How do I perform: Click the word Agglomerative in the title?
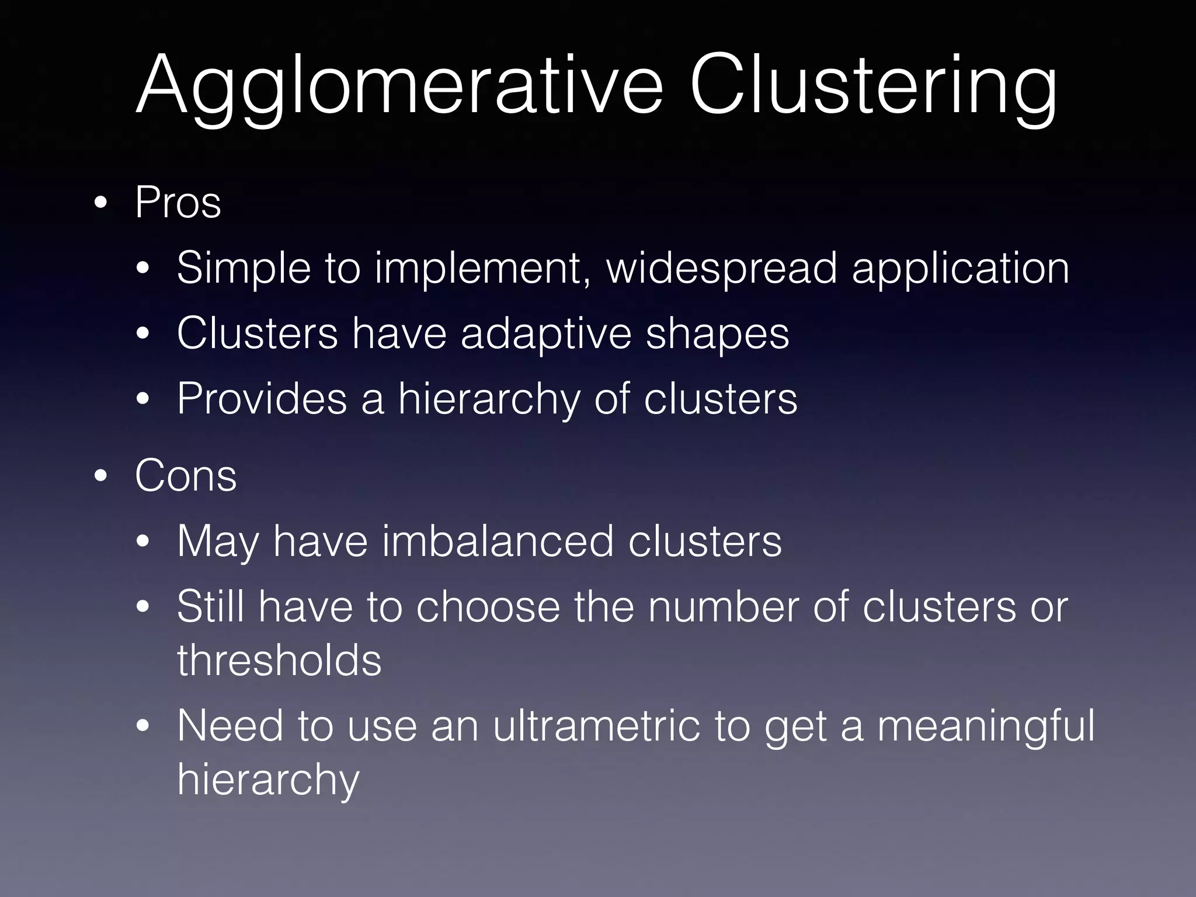(x=400, y=86)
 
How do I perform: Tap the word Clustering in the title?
(x=873, y=86)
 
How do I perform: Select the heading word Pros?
(x=178, y=203)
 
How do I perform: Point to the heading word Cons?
(x=186, y=475)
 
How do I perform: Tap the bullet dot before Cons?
(x=100, y=477)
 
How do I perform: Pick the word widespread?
(x=722, y=268)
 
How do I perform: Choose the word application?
(x=961, y=268)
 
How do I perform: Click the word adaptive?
(x=546, y=333)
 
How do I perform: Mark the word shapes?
(x=718, y=333)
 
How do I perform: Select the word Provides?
(x=262, y=399)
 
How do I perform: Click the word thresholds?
(x=279, y=660)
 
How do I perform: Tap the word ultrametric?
(x=596, y=725)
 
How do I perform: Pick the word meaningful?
(x=986, y=725)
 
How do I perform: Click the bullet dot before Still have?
(x=142, y=607)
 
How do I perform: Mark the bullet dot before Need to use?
(x=142, y=726)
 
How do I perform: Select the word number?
(x=723, y=607)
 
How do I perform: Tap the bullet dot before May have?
(x=142, y=542)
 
